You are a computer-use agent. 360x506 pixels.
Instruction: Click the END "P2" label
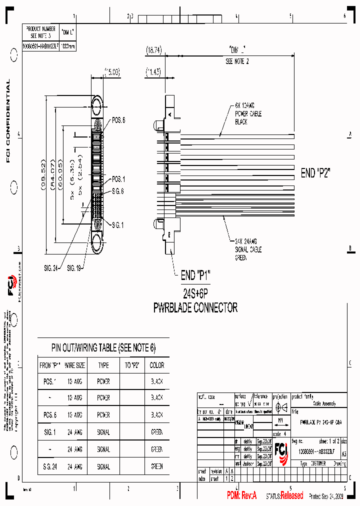point(315,173)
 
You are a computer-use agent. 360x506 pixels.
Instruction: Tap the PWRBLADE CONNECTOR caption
point(195,307)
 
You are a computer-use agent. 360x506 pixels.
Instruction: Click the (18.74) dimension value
point(153,50)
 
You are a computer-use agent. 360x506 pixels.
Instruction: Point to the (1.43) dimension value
point(153,72)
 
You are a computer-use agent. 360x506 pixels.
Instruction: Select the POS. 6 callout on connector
point(118,120)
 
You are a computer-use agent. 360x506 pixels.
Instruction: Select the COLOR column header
point(156,365)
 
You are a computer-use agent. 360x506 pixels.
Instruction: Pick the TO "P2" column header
point(131,365)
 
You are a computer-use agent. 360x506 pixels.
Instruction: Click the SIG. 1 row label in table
point(48,432)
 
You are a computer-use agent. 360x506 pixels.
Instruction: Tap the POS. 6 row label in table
point(48,415)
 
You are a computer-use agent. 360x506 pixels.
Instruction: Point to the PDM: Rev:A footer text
point(241,495)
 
